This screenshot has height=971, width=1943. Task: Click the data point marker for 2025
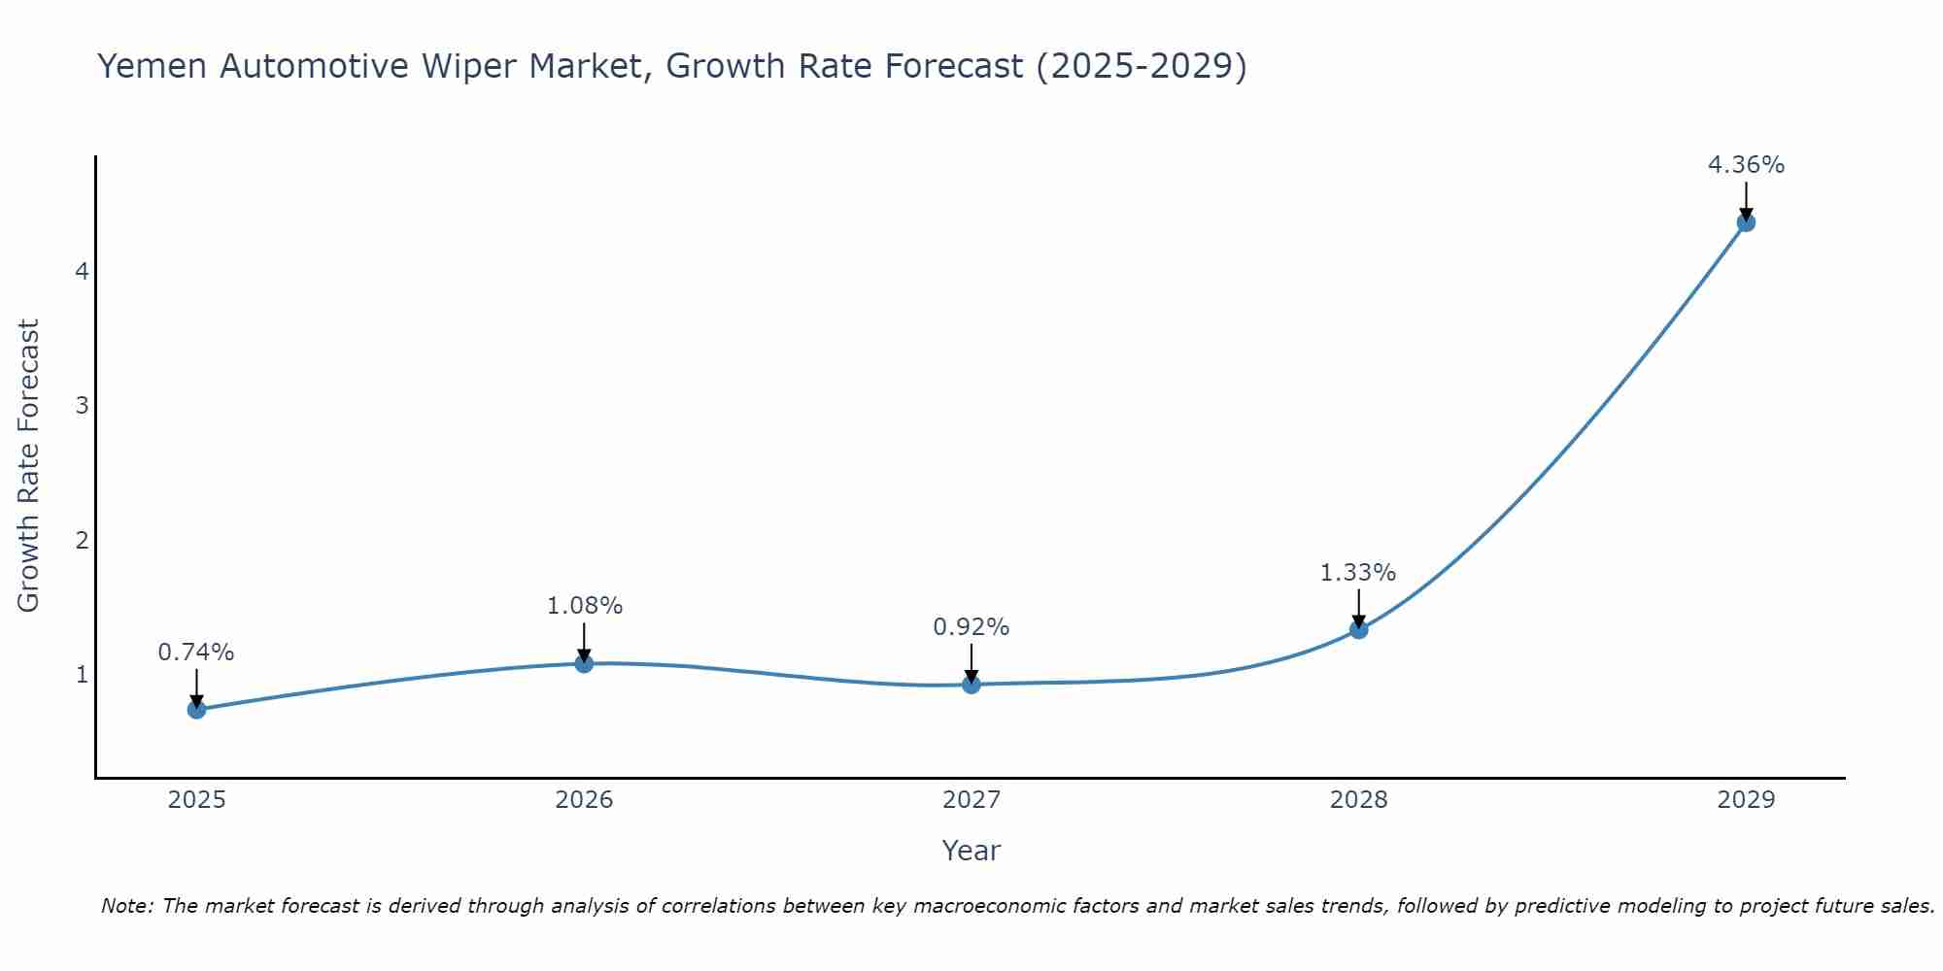pyautogui.click(x=196, y=709)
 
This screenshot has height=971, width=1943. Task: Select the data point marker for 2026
pyautogui.click(x=584, y=663)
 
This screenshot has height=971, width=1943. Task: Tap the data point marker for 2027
pyautogui.click(x=971, y=685)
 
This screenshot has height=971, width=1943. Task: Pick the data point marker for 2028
pyautogui.click(x=1358, y=629)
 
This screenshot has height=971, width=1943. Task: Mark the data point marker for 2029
pyautogui.click(x=1746, y=222)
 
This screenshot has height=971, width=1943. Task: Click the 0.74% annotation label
pyautogui.click(x=196, y=653)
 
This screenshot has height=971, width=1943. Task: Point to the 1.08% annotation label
pyautogui.click(x=584, y=606)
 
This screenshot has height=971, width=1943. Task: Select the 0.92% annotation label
pyautogui.click(x=971, y=627)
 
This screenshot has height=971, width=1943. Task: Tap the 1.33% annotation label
pyautogui.click(x=1358, y=573)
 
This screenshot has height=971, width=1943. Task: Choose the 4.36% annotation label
pyautogui.click(x=1746, y=165)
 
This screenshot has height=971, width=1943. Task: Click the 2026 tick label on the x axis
pyautogui.click(x=584, y=800)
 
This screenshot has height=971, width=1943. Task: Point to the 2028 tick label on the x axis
pyautogui.click(x=1358, y=800)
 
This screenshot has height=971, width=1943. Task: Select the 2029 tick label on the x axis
pyautogui.click(x=1746, y=800)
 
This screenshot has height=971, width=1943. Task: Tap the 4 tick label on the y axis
pyautogui.click(x=82, y=271)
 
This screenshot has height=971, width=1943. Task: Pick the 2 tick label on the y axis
pyautogui.click(x=82, y=540)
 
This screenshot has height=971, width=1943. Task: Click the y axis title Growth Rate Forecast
pyautogui.click(x=29, y=466)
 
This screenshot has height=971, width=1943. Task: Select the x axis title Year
pyautogui.click(x=971, y=851)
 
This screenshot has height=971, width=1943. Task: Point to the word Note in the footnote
pyautogui.click(x=126, y=906)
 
